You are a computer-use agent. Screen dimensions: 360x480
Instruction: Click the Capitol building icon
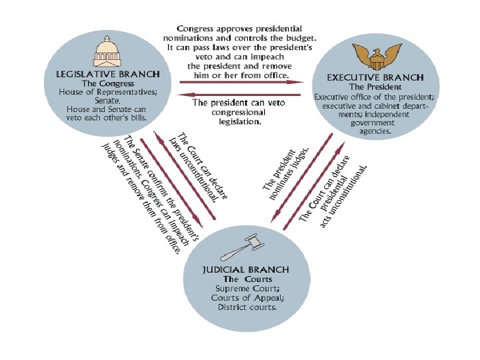[x=110, y=53]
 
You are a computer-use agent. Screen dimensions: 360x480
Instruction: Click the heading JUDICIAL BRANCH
[x=246, y=270]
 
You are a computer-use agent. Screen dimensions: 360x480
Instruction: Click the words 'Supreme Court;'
[x=247, y=288]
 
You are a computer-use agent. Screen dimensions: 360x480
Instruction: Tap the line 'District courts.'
[x=247, y=307]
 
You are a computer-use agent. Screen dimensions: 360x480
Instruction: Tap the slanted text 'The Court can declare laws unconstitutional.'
[x=201, y=165]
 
